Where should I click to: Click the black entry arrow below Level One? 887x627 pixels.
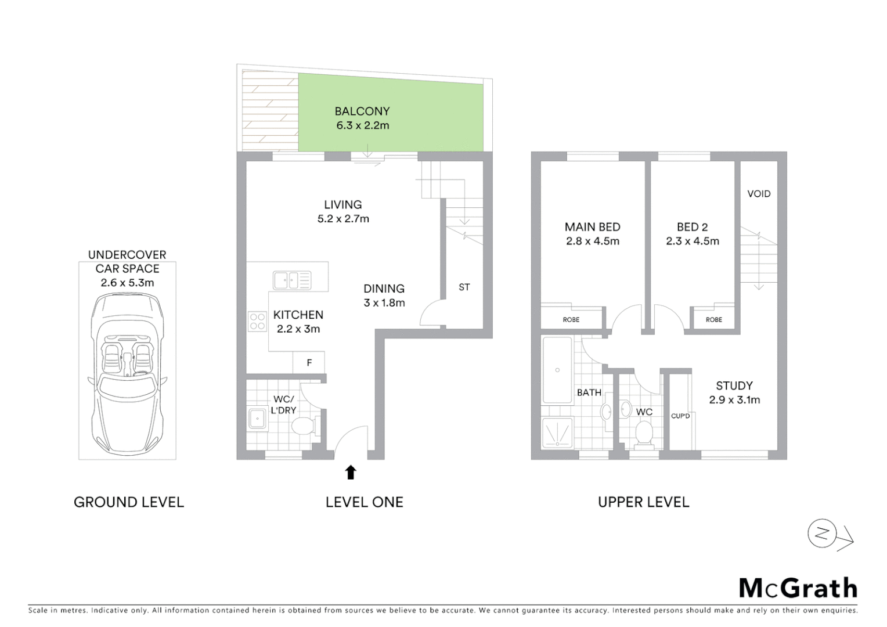point(350,472)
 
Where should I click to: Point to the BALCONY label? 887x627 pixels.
point(362,111)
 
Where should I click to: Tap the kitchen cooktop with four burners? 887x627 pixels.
point(257,321)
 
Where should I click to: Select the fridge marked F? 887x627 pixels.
point(309,363)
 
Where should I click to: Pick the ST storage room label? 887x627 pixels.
point(464,287)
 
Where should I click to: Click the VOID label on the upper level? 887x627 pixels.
point(759,194)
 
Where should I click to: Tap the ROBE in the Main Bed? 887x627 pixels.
point(571,319)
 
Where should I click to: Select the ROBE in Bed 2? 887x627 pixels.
point(713,319)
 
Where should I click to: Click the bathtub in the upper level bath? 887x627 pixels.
point(557,370)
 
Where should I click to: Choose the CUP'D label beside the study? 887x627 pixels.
point(680,416)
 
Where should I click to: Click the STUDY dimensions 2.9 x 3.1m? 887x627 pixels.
point(734,400)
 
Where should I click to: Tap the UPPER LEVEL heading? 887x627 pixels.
point(643,502)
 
